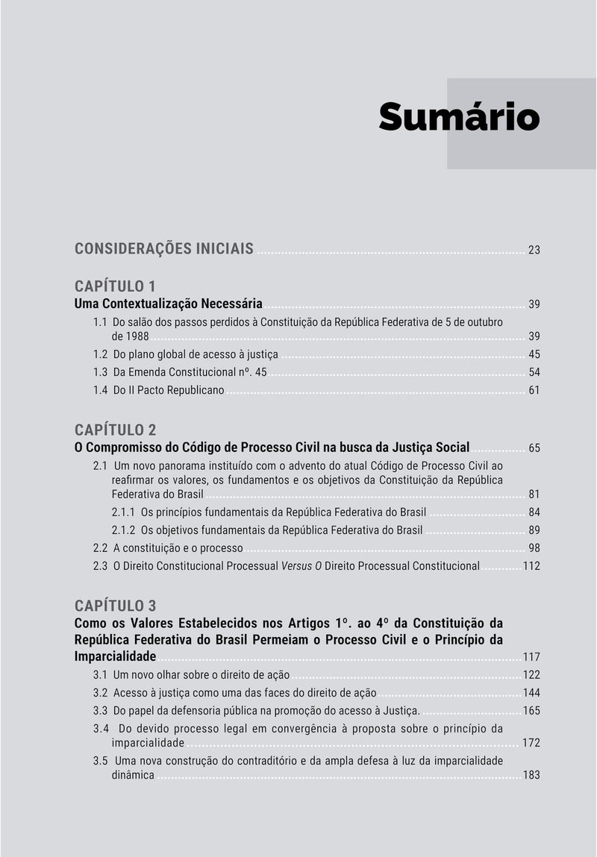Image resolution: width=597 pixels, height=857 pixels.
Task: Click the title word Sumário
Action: [458, 117]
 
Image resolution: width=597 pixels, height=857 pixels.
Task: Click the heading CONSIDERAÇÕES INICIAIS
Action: [164, 248]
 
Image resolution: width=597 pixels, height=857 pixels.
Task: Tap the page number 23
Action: [534, 250]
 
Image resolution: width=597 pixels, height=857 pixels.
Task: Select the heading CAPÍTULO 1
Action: [115, 286]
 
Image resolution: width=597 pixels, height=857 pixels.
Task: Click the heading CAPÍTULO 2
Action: [115, 430]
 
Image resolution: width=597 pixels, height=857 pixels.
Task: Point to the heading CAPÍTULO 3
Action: [115, 605]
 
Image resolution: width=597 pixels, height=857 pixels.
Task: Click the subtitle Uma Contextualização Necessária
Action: [169, 304]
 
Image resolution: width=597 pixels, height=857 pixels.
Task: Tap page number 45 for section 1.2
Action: [534, 354]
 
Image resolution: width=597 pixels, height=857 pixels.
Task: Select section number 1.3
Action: [101, 372]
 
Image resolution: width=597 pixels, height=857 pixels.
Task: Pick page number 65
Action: [534, 448]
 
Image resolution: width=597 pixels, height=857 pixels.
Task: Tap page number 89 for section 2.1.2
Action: [534, 530]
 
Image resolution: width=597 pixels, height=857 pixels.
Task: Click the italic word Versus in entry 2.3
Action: [296, 566]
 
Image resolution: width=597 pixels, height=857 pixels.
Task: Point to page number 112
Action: [531, 566]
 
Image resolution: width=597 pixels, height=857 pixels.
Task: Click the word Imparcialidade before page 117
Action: [115, 656]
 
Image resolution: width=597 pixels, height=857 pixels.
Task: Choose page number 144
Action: [531, 693]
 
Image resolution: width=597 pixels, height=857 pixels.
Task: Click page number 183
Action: [531, 776]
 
